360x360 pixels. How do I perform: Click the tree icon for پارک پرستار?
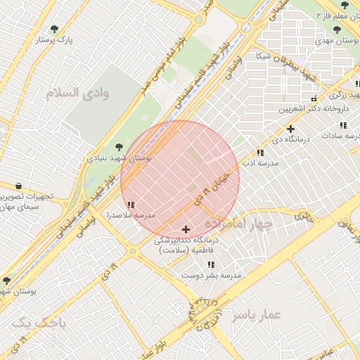click(55, 30)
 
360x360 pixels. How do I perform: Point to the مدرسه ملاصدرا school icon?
click(131, 205)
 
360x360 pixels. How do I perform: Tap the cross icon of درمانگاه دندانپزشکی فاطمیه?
click(186, 229)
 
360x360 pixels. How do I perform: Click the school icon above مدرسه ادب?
click(260, 153)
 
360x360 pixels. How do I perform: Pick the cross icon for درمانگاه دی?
click(290, 129)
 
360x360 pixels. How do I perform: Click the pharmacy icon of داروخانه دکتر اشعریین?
click(314, 98)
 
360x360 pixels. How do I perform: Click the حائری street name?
click(303, 217)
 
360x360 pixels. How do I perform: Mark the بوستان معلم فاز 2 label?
click(337, 15)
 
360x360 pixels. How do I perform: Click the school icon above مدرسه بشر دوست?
click(211, 264)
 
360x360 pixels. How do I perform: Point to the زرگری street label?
click(337, 95)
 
